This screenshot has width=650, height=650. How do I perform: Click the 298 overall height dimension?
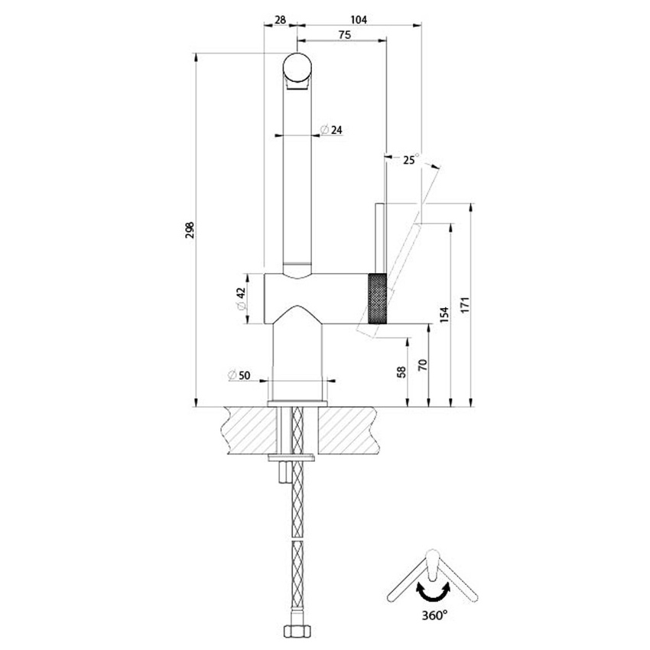(x=190, y=229)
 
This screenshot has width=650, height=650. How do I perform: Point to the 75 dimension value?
(x=343, y=34)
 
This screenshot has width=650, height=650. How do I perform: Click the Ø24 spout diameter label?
(x=331, y=130)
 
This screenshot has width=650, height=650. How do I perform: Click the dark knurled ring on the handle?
(x=378, y=298)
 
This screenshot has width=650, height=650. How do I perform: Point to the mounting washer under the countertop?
(x=293, y=458)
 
